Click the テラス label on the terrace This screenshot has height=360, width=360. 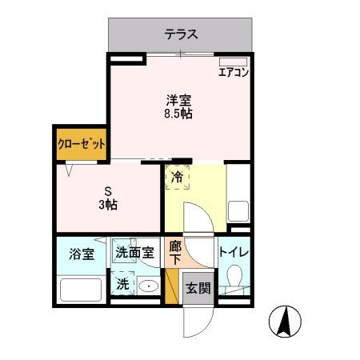pos(182,34)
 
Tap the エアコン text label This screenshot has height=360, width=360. pos(234,73)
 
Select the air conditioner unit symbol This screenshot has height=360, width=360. pos(234,61)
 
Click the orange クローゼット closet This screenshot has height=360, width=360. pos(82,145)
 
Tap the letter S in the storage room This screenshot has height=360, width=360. pos(108,191)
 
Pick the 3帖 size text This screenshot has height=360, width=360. pos(109,205)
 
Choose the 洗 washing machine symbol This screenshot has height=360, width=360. pos(122,283)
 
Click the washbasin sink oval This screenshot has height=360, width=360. pos(147,286)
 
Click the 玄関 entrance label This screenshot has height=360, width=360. pos(198,288)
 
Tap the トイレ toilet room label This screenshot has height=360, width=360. pos(234,254)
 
